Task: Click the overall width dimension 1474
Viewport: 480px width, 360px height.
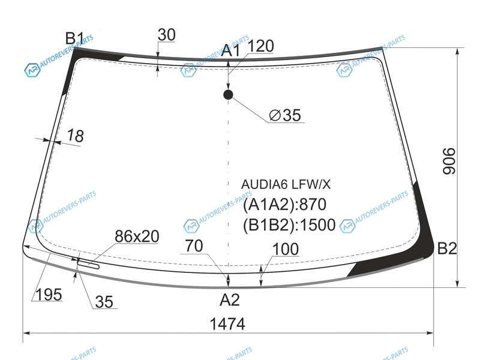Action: pos(227,323)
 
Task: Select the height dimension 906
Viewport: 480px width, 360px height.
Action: pos(449,161)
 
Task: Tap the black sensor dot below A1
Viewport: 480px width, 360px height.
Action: pos(228,95)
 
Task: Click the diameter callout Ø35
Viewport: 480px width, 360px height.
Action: pos(285,115)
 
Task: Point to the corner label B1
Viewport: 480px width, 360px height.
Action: pos(74,39)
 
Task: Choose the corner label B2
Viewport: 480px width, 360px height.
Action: pos(447,248)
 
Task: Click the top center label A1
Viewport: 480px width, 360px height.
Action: pos(231,50)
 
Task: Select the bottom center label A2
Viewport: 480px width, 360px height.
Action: pos(230,300)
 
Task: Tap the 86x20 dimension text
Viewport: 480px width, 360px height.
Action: pos(137,236)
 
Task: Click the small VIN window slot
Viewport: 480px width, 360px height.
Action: pos(88,264)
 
